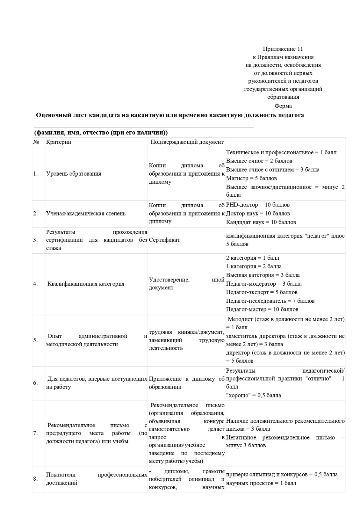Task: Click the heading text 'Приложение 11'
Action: click(x=283, y=49)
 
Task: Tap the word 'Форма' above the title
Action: click(x=283, y=106)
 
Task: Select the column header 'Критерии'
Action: click(x=59, y=142)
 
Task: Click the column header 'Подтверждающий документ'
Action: click(x=187, y=142)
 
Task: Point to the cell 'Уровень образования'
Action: click(x=74, y=174)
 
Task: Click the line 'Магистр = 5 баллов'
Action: click(x=251, y=178)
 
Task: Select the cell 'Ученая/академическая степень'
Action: click(x=86, y=214)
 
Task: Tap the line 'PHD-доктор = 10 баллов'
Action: click(x=258, y=205)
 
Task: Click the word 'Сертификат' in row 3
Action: click(x=164, y=240)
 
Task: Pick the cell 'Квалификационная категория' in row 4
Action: click(x=86, y=284)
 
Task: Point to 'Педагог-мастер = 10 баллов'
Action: click(x=262, y=310)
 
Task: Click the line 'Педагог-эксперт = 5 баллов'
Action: click(x=262, y=292)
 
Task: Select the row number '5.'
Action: click(x=35, y=340)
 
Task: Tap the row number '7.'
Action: click(x=35, y=433)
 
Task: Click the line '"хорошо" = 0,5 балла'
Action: click(x=254, y=396)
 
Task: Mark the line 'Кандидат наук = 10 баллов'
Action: click(x=261, y=222)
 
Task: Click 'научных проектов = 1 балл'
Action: click(x=261, y=483)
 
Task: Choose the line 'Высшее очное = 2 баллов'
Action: click(x=259, y=161)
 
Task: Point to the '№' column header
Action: click(x=36, y=142)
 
